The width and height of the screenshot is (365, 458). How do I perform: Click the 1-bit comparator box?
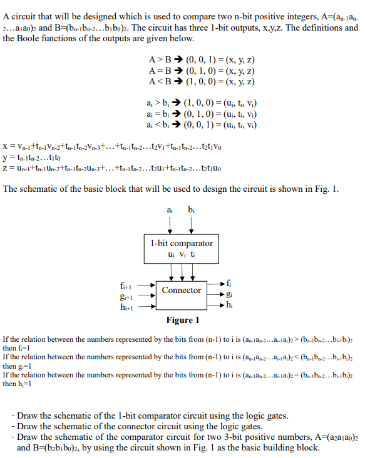click(182, 248)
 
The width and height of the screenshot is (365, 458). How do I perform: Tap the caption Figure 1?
click(182, 320)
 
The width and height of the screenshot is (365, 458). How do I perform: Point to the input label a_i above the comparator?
click(170, 209)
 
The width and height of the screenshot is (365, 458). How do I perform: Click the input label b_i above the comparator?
click(191, 209)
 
